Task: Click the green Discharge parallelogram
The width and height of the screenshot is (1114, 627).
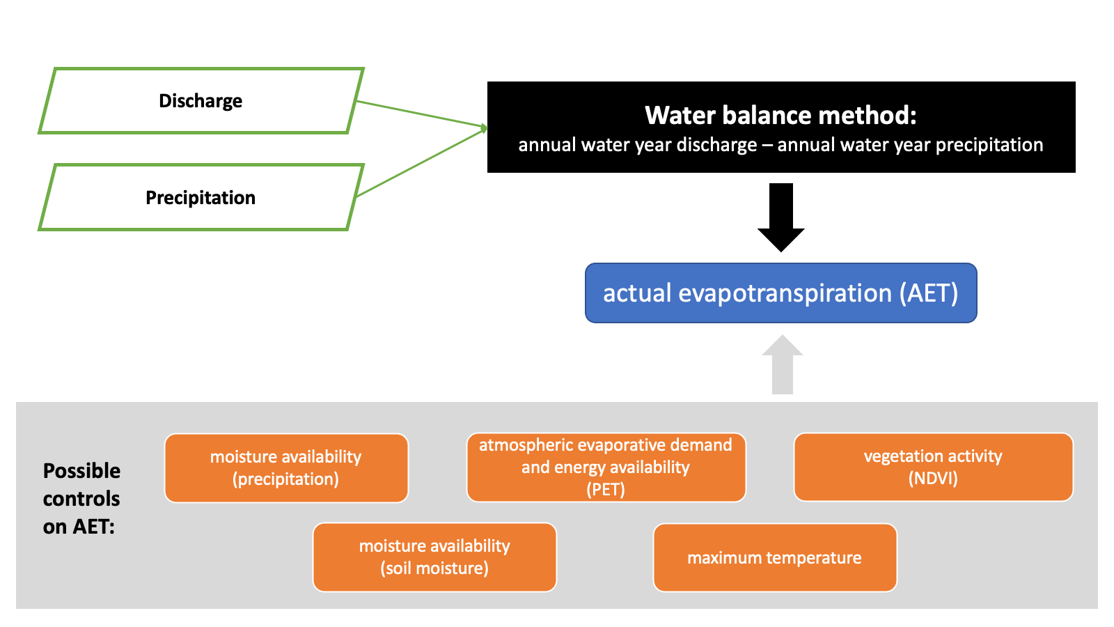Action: tap(201, 101)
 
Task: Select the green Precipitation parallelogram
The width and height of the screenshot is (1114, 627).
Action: tap(201, 198)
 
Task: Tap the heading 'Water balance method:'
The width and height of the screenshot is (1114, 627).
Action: tap(780, 116)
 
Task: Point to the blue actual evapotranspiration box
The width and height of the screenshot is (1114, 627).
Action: tap(780, 293)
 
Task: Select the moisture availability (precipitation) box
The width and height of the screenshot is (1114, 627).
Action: tap(286, 468)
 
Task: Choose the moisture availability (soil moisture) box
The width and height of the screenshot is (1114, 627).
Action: tap(434, 557)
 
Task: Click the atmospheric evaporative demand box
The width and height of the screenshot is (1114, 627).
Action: tap(606, 467)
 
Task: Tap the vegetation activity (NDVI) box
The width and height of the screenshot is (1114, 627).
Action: tap(933, 467)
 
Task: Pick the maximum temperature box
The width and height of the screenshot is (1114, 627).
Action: tap(774, 558)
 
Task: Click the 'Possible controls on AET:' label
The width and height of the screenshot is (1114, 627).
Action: tap(81, 499)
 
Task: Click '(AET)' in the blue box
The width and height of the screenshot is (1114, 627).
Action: tap(929, 293)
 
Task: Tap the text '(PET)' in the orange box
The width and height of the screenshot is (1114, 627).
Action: tap(606, 490)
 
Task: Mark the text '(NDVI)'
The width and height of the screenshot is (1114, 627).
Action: tap(933, 479)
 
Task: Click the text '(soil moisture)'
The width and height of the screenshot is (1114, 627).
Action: tap(434, 568)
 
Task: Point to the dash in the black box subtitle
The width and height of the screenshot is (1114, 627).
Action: tap(767, 146)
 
